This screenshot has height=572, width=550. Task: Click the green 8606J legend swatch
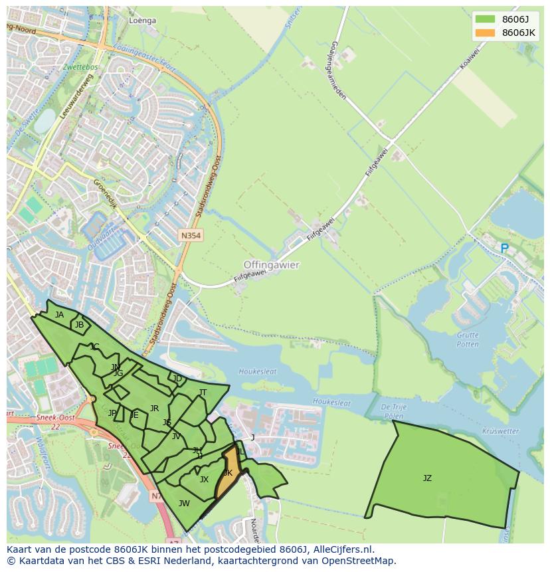[485, 19]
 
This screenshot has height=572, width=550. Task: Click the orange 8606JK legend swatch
[485, 33]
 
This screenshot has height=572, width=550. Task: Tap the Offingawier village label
[271, 264]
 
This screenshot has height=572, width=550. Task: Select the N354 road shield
[191, 235]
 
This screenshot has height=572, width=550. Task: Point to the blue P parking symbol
[504, 248]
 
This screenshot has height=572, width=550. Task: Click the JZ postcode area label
[427, 478]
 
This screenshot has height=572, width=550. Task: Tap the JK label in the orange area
[228, 473]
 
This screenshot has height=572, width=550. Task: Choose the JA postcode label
[60, 315]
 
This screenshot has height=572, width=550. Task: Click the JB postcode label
[80, 325]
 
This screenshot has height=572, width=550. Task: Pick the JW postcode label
[184, 503]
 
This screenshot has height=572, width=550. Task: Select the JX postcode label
[204, 479]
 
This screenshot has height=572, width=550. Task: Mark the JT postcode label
[203, 393]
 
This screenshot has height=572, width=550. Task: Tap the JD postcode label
[177, 379]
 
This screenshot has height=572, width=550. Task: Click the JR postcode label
[154, 409]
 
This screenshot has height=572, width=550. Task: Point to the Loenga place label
[142, 21]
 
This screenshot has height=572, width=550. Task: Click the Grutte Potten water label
[468, 339]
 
